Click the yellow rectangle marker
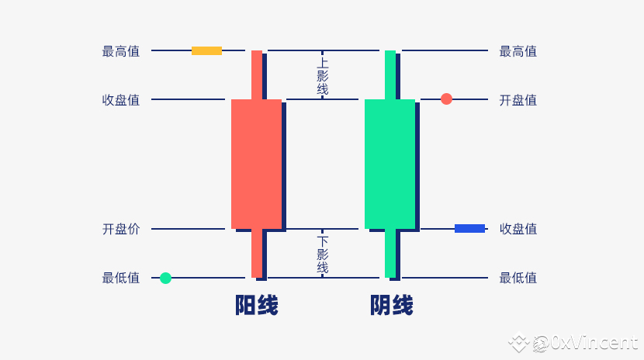[x=206, y=51]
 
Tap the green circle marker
[x=165, y=278]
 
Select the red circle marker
[x=446, y=99]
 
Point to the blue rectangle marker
[x=470, y=229]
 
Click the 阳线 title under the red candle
[x=257, y=305]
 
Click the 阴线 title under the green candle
[x=391, y=305]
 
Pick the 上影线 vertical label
[x=323, y=76]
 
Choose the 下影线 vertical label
[x=323, y=254]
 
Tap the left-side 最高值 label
[x=121, y=51]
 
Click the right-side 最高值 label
[x=518, y=51]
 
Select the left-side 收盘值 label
[x=121, y=100]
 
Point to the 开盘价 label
[x=121, y=229]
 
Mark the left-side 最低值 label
[x=121, y=278]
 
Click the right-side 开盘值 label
[x=518, y=100]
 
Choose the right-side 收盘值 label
[x=518, y=229]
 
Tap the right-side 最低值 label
[x=518, y=278]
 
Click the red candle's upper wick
[x=257, y=74]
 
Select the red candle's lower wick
[x=257, y=253]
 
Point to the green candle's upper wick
[x=390, y=74]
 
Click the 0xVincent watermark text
[x=594, y=342]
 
